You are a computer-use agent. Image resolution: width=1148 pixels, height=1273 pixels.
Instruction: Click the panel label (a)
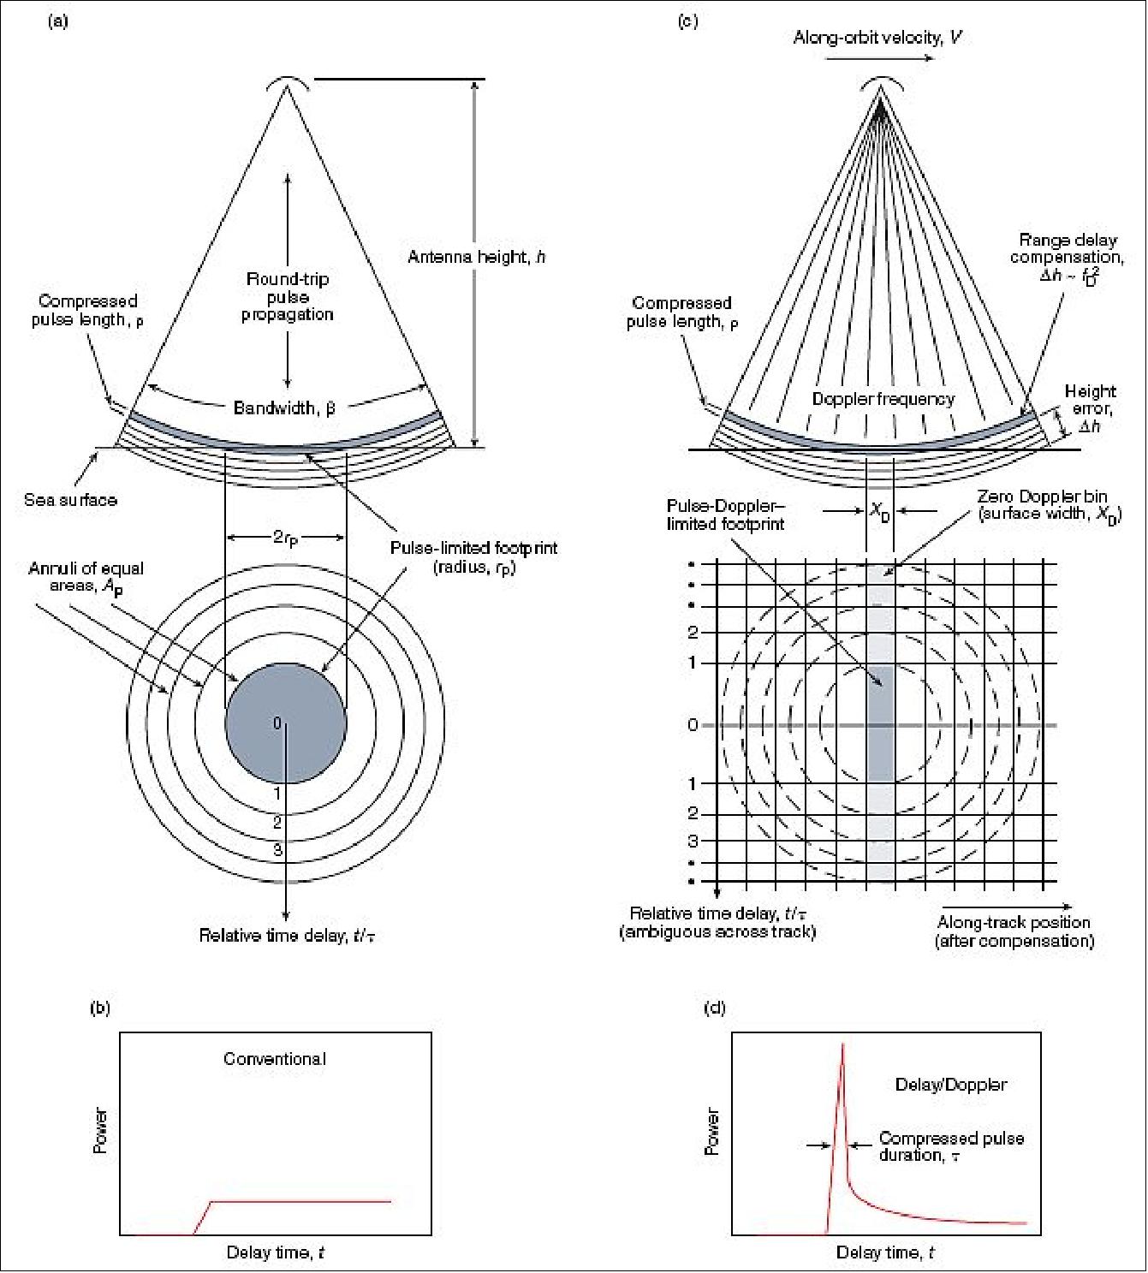[57, 21]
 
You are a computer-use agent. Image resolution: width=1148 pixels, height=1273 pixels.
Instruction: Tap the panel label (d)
[715, 1008]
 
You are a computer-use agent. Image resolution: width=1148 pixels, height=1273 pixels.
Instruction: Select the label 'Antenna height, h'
[477, 257]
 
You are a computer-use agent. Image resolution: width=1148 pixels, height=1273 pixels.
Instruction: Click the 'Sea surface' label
[70, 500]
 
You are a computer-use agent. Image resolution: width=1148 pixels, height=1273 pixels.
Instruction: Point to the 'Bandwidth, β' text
[285, 407]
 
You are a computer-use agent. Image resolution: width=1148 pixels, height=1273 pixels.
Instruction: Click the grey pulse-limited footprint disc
[286, 723]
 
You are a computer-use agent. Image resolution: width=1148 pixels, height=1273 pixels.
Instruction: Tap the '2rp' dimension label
[286, 538]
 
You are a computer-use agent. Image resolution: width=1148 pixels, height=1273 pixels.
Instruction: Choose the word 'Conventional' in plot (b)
[275, 1058]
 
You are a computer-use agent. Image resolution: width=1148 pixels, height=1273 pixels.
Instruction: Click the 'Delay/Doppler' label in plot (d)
[950, 1085]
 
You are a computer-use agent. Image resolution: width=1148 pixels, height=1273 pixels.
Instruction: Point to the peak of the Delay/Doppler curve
[842, 1044]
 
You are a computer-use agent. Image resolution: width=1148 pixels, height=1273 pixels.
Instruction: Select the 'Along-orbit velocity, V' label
[878, 38]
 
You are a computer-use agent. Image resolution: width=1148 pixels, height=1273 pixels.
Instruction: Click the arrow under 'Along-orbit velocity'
[879, 58]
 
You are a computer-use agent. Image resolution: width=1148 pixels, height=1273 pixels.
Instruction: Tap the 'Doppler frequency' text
[883, 399]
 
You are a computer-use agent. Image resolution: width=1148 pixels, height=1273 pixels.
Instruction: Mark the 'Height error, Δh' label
[1091, 408]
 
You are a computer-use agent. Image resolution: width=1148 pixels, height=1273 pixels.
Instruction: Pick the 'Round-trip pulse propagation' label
[288, 297]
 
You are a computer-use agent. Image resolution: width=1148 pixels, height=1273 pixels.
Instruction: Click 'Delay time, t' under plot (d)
[885, 1252]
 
